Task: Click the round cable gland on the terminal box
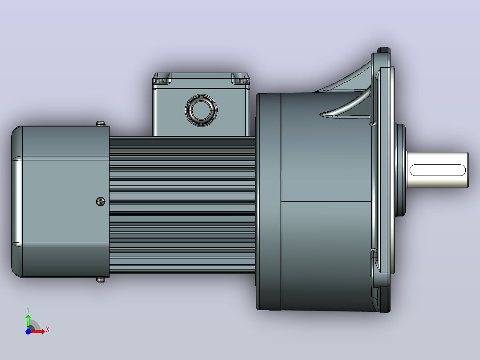point(201,110)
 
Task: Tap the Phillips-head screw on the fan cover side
point(101,201)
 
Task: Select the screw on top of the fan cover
point(101,123)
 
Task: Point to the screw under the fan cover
point(101,279)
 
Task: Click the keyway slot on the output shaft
point(437,170)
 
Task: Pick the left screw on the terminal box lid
point(159,81)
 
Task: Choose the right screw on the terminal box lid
point(242,81)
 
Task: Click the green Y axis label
point(28,310)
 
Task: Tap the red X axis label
point(48,330)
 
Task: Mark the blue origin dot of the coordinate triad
point(28,331)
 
